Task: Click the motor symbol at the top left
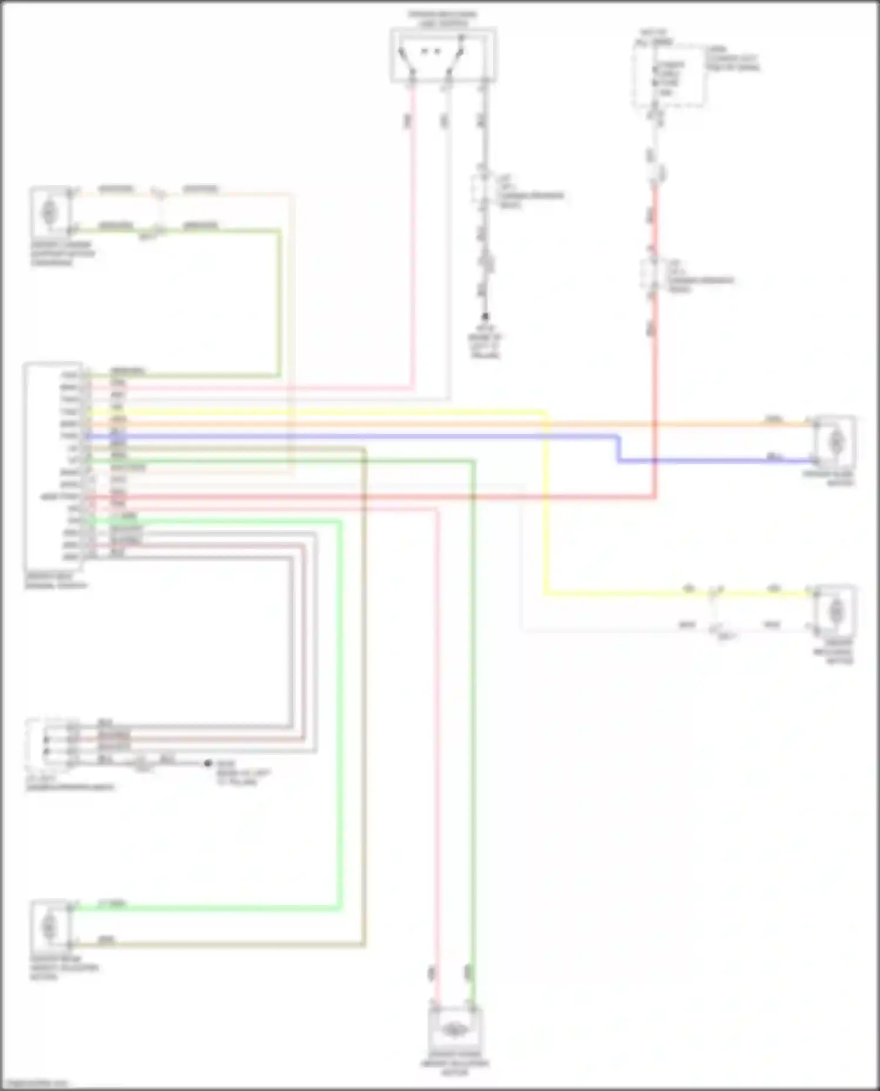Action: (49, 212)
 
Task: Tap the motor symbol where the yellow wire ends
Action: (835, 611)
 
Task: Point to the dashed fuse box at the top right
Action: (668, 75)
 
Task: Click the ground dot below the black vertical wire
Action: (485, 316)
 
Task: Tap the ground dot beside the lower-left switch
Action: (207, 763)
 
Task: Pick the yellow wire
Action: (546, 528)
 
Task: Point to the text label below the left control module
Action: (56, 581)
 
